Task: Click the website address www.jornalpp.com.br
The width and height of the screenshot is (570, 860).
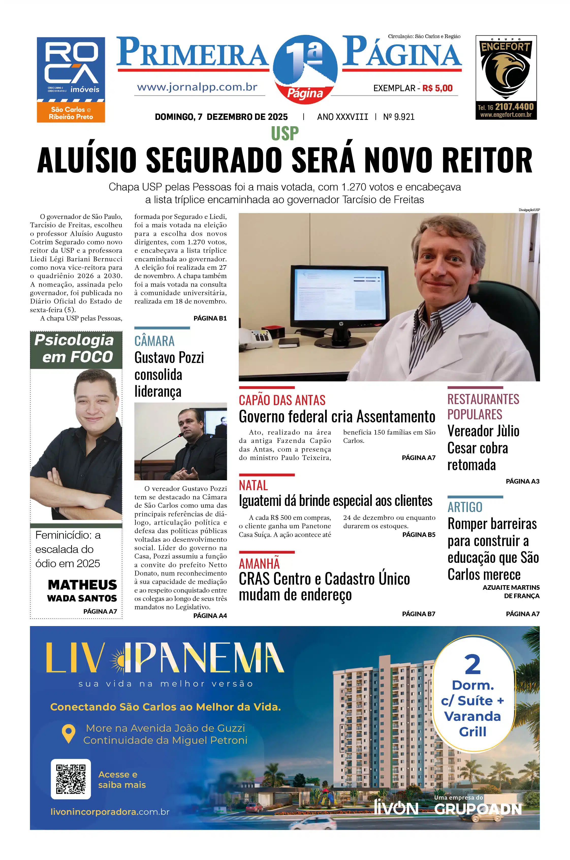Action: (x=197, y=87)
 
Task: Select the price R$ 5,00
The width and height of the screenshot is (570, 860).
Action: (x=437, y=88)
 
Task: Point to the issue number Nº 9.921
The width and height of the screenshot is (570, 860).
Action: (x=399, y=117)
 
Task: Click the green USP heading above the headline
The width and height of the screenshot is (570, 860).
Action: (x=285, y=133)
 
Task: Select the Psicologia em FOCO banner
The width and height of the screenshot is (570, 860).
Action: (x=76, y=349)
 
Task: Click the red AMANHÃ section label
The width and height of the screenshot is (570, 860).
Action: (x=259, y=564)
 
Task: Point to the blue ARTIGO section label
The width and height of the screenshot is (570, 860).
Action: (x=465, y=507)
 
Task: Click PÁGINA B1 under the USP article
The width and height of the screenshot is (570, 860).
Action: (x=210, y=318)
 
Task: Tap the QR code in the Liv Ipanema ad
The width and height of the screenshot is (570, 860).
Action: (x=71, y=779)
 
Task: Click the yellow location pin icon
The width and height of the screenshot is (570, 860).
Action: (x=68, y=734)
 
